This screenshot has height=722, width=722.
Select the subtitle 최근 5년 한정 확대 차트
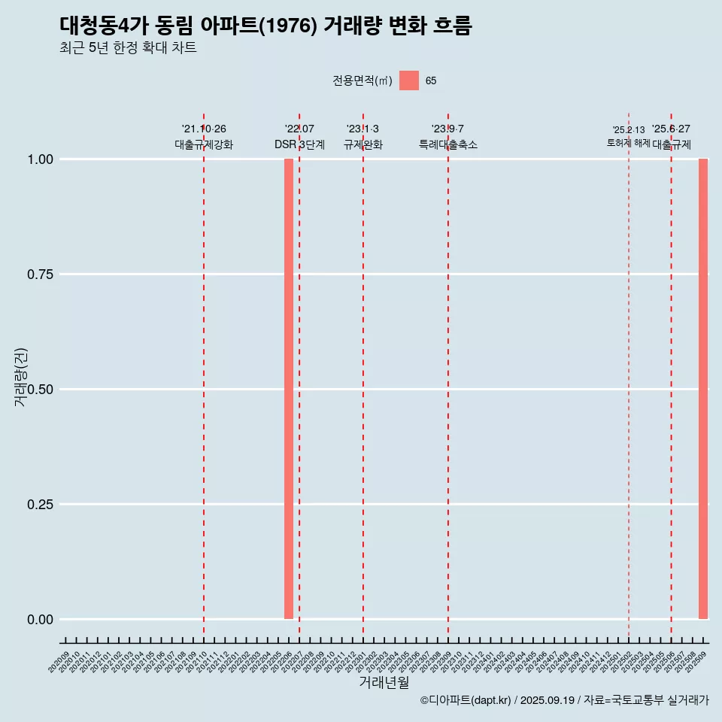[128, 49]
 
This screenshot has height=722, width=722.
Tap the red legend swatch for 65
[408, 80]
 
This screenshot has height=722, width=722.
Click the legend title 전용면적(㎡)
[362, 80]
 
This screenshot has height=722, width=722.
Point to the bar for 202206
[289, 389]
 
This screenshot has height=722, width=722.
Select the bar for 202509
[703, 389]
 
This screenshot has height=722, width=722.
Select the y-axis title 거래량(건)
[21, 378]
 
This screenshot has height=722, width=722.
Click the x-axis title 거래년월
[384, 682]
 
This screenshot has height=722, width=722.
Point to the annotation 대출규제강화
[204, 144]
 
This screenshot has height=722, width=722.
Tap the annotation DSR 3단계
[299, 144]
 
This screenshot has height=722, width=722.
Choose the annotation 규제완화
[363, 144]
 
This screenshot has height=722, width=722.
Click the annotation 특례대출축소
[448, 144]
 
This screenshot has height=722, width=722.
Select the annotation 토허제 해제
[629, 143]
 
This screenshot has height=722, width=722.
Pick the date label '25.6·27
[671, 129]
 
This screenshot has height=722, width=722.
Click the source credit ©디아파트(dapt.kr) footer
[564, 700]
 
